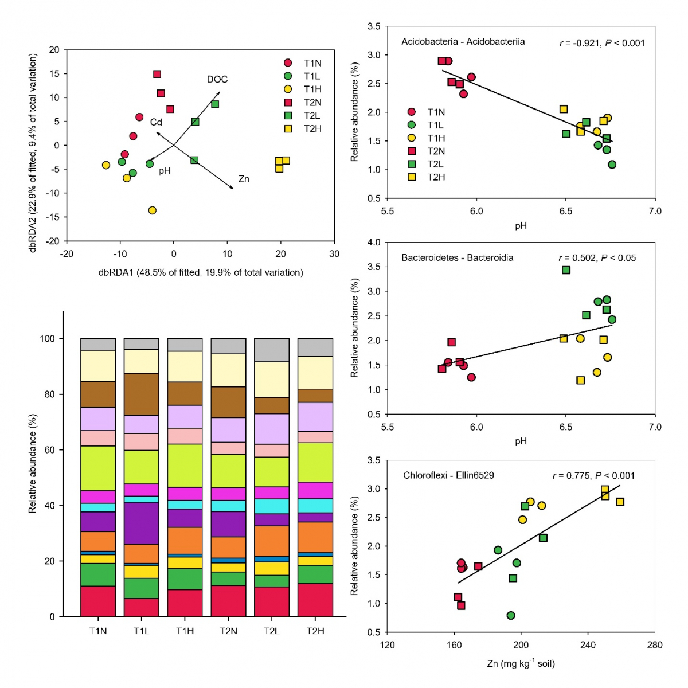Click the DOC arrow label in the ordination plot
click(x=217, y=79)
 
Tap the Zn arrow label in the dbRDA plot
click(x=244, y=179)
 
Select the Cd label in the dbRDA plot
click(x=156, y=122)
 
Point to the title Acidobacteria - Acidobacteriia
click(x=463, y=42)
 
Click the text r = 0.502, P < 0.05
click(x=597, y=258)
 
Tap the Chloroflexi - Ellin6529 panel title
click(x=448, y=475)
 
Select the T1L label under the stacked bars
click(x=141, y=631)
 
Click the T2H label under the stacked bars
click(x=315, y=631)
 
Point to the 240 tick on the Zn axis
click(x=588, y=645)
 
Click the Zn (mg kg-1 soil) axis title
click(x=521, y=663)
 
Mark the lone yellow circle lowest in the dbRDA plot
click(x=152, y=210)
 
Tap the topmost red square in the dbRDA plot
click(x=157, y=74)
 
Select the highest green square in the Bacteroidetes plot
click(x=566, y=270)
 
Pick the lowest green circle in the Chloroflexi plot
click(x=511, y=615)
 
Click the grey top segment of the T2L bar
click(x=272, y=350)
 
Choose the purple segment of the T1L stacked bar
click(x=141, y=523)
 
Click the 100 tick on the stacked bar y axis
click(x=48, y=339)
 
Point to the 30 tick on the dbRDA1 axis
click(x=334, y=254)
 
